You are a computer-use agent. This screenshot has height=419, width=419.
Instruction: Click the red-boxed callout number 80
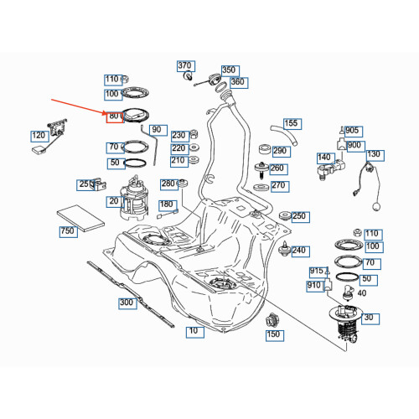tap(115, 117)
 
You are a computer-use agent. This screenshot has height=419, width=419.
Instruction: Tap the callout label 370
tap(186, 66)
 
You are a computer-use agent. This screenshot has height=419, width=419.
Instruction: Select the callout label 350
tap(230, 70)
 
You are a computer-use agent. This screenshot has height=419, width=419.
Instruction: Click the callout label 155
tap(292, 124)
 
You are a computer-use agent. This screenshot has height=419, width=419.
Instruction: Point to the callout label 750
tap(69, 232)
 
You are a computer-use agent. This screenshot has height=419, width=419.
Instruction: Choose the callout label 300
tap(127, 303)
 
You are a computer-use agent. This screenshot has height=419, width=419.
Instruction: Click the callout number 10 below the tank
tap(195, 332)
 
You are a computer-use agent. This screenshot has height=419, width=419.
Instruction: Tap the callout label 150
tap(275, 335)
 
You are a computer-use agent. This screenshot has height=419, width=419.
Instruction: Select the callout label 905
tap(354, 132)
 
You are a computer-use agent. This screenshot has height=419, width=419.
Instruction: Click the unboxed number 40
tap(362, 293)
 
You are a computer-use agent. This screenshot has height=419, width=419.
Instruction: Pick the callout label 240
tap(301, 251)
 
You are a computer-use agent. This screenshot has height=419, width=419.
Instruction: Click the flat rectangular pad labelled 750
tap(80, 218)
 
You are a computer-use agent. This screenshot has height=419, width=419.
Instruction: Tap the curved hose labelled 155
tap(283, 135)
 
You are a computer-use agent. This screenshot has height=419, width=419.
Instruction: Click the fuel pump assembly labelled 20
tap(134, 199)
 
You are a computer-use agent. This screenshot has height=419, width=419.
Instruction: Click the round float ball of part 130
tap(376, 207)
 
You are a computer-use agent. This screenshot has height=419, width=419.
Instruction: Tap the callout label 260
tap(278, 169)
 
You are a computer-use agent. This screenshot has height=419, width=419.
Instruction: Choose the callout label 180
tap(168, 205)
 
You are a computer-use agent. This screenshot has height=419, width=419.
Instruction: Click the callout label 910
tap(315, 287)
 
